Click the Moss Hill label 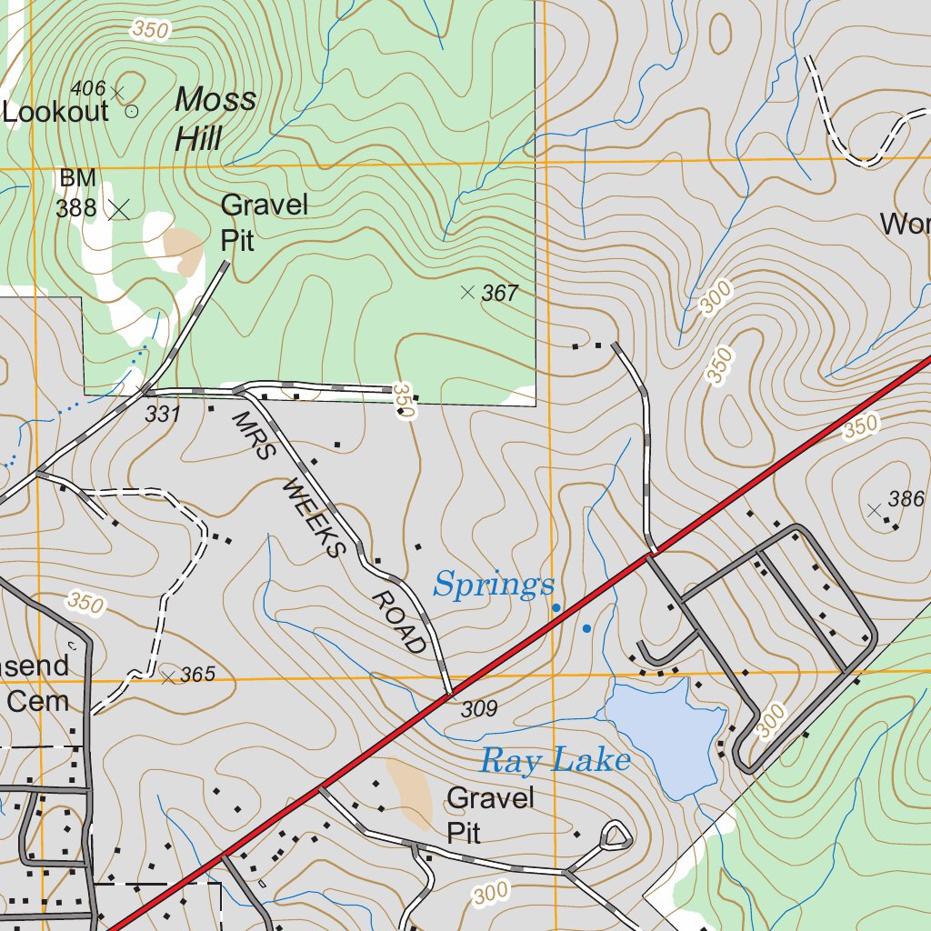click(215, 118)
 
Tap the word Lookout click(55, 112)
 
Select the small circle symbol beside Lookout click(131, 112)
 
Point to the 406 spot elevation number click(87, 89)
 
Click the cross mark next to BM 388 click(118, 209)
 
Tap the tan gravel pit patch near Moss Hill click(184, 250)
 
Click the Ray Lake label click(555, 760)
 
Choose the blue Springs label click(494, 585)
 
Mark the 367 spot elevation click(499, 293)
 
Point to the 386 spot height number click(906, 498)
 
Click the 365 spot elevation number click(197, 675)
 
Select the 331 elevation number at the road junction click(163, 415)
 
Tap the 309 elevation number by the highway click(479, 709)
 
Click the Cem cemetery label click(39, 701)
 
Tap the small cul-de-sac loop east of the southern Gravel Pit click(616, 835)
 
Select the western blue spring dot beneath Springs click(556, 608)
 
